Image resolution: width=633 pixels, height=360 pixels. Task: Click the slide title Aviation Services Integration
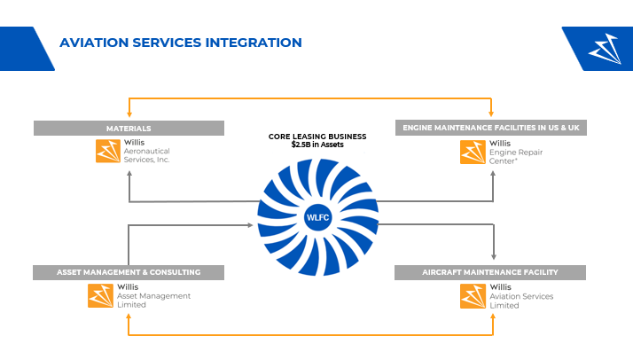(x=180, y=43)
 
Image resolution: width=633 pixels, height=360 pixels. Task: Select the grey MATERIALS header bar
(x=129, y=129)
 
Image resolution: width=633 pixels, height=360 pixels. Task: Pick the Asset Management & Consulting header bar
(x=129, y=272)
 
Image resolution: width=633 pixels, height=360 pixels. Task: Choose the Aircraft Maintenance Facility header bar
(x=490, y=272)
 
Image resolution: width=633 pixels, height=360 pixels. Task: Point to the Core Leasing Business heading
(x=316, y=137)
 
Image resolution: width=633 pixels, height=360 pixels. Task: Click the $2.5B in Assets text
(x=316, y=144)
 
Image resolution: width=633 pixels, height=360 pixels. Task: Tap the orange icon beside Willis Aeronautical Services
(x=108, y=152)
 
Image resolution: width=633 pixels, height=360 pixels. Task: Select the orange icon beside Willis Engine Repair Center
(x=473, y=152)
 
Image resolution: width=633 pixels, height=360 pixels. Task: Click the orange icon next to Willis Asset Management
(x=100, y=295)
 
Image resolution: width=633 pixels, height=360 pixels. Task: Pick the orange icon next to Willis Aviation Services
(x=473, y=295)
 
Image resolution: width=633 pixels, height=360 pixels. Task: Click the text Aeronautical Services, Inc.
(x=146, y=155)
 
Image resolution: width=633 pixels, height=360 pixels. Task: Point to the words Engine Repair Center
(x=512, y=155)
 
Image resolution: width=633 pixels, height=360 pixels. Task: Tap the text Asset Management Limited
(x=153, y=300)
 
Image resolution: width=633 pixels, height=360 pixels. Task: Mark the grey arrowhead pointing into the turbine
(x=252, y=225)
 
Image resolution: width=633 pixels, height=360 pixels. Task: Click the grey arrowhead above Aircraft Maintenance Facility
(x=494, y=258)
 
